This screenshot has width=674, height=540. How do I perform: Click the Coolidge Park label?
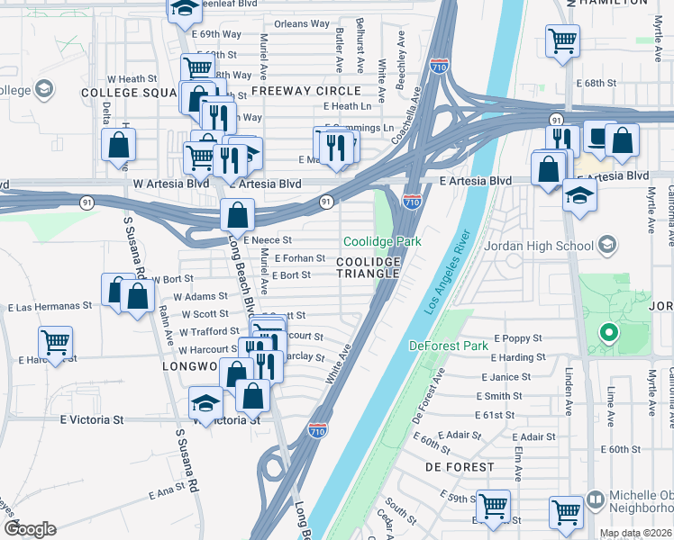pos(382,242)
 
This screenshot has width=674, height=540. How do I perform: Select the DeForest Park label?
pos(448,346)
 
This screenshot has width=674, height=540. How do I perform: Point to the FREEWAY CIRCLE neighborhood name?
pos(306,91)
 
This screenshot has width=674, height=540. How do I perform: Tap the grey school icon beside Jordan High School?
pos(607,245)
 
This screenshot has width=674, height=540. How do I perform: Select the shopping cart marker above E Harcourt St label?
pos(56,342)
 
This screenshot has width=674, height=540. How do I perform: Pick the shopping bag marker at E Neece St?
pos(237,215)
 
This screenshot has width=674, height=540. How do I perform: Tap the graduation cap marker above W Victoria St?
pos(205,403)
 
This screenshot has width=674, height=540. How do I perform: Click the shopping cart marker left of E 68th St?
pos(562,40)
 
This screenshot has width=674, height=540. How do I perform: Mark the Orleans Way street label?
pos(302,23)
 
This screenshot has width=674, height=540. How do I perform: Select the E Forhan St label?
pos(298,258)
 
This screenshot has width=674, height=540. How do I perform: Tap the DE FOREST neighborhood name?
pos(460,467)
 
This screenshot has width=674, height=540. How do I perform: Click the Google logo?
pos(29,529)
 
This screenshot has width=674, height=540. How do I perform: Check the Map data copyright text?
pos(635,533)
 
